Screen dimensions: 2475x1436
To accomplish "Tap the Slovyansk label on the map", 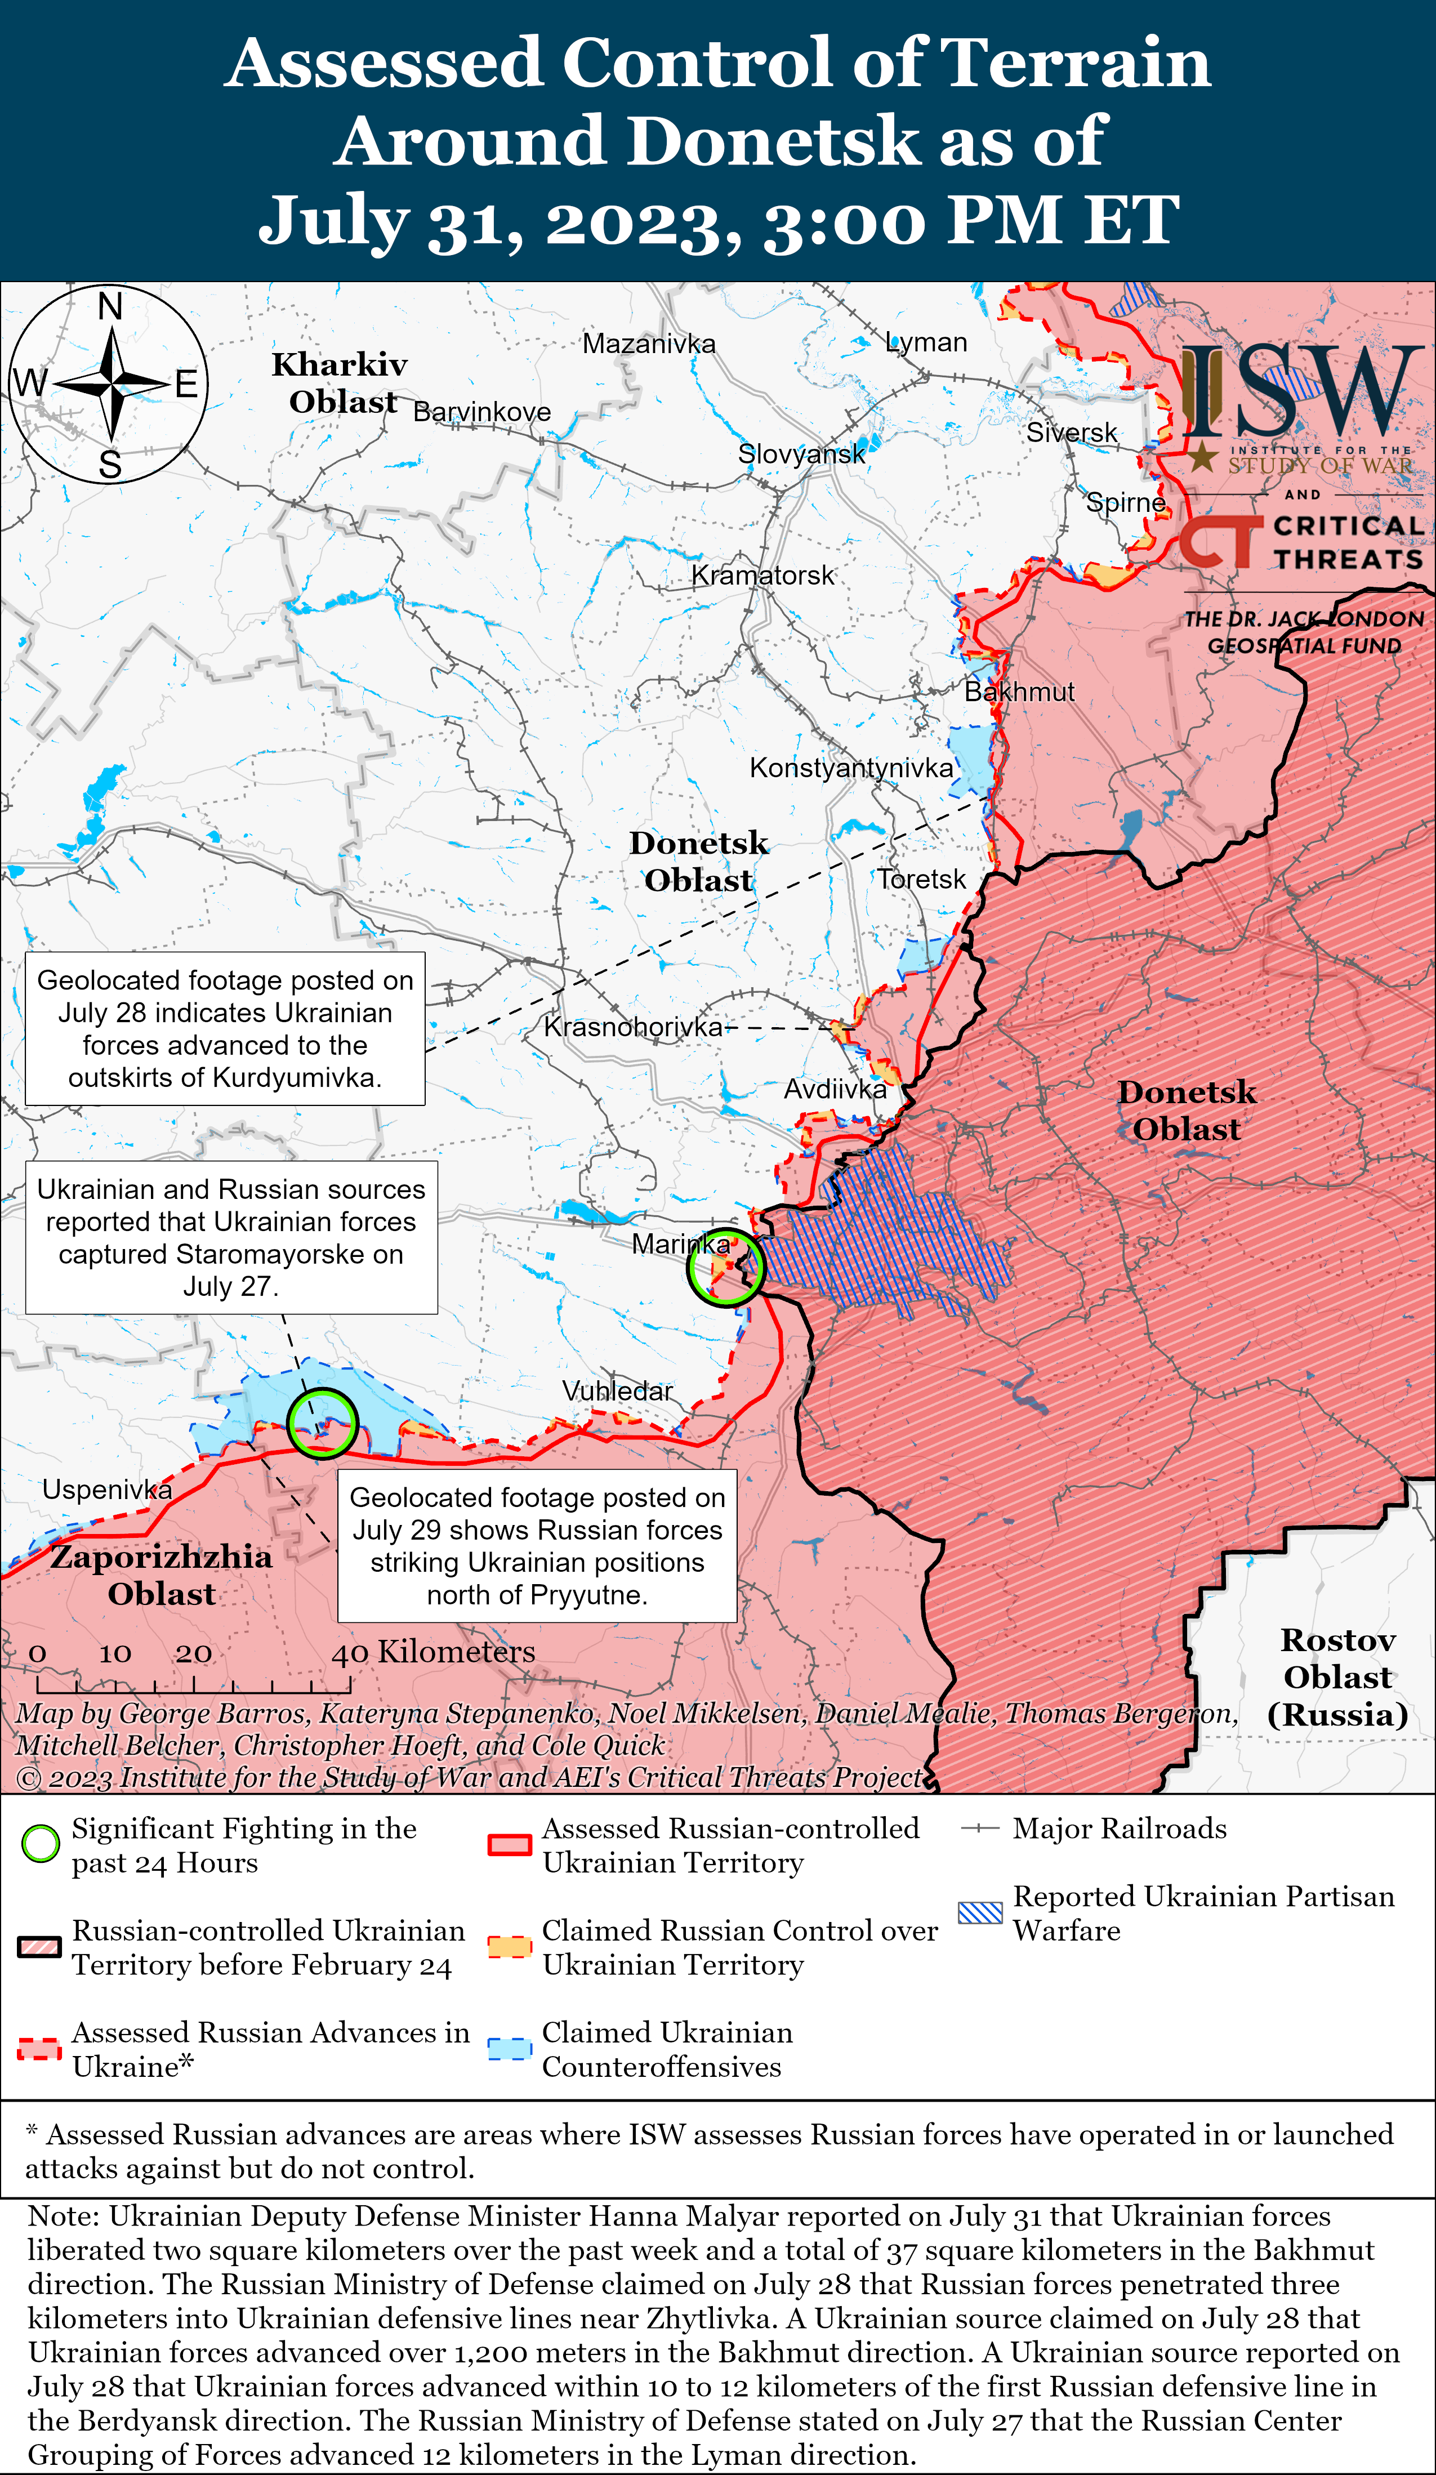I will click(x=801, y=454).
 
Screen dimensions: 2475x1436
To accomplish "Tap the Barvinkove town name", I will click(x=481, y=412).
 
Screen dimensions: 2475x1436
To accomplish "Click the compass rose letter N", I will click(x=110, y=307).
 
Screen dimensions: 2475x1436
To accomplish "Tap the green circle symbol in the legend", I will click(x=41, y=1844).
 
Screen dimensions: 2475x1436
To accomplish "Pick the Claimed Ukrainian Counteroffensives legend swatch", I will click(x=510, y=2048).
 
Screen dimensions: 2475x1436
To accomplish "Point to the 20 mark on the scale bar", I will click(x=194, y=1653).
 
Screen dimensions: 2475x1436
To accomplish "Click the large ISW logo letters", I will click(x=1301, y=393).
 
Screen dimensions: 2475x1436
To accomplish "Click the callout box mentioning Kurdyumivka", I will click(x=225, y=1028).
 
